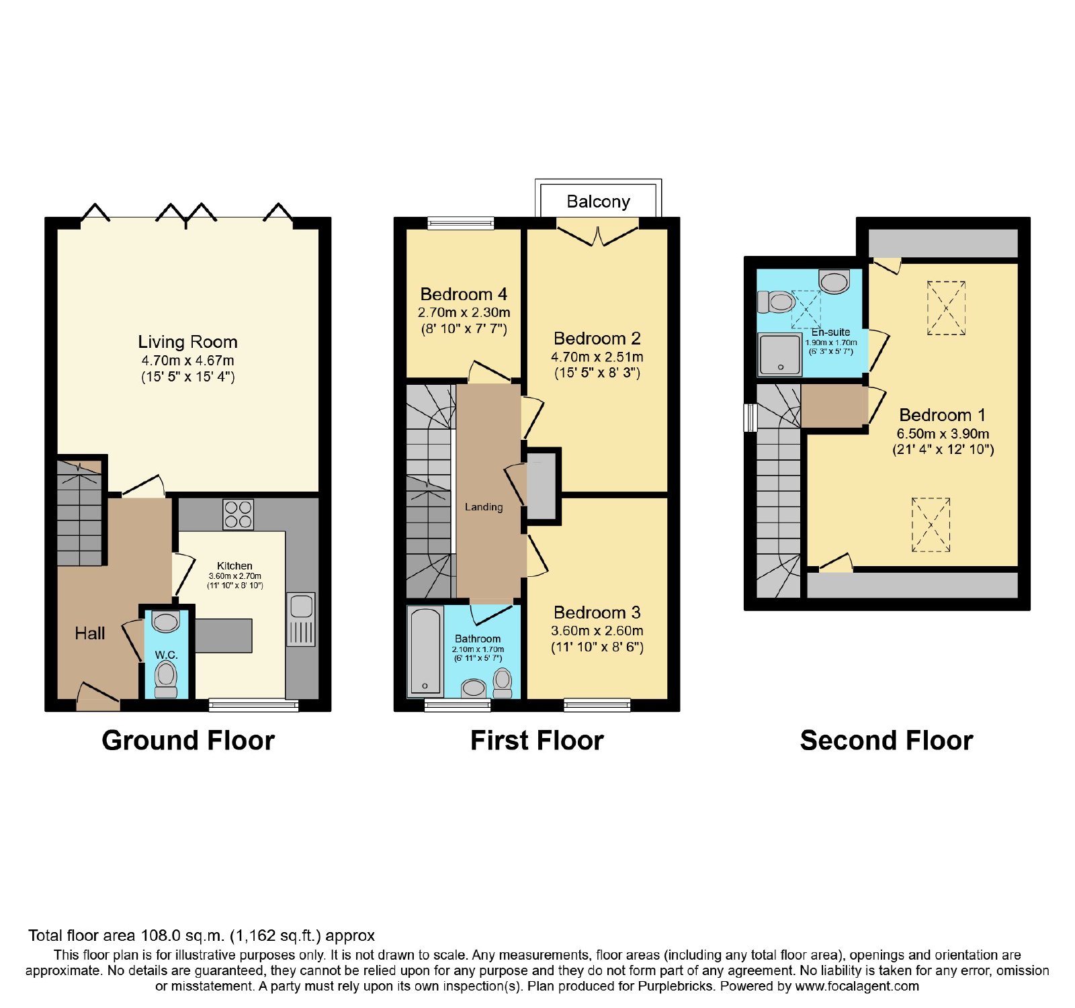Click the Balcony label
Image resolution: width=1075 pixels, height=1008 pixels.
pyautogui.click(x=598, y=201)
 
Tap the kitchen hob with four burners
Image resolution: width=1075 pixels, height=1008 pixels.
pyautogui.click(x=238, y=514)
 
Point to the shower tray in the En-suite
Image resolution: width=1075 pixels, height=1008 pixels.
pyautogui.click(x=780, y=354)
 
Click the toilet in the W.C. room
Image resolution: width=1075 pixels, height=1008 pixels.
pyautogui.click(x=166, y=678)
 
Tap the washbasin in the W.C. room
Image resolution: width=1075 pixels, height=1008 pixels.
pyautogui.click(x=165, y=621)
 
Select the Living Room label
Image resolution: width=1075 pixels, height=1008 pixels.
pyautogui.click(x=187, y=342)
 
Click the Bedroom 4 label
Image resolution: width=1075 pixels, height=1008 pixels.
pyautogui.click(x=464, y=294)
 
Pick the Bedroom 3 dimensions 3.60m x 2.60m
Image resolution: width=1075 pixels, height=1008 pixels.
pyautogui.click(x=597, y=631)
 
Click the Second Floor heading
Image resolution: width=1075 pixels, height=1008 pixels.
pyautogui.click(x=886, y=740)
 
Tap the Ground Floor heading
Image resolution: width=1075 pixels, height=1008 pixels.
pyautogui.click(x=188, y=740)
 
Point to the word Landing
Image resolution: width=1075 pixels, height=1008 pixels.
pyautogui.click(x=484, y=507)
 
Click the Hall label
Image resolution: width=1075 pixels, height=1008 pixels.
pyautogui.click(x=90, y=633)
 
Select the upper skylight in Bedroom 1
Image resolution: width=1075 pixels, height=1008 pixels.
pyautogui.click(x=946, y=308)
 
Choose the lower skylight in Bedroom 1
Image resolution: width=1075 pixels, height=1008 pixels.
pyautogui.click(x=931, y=524)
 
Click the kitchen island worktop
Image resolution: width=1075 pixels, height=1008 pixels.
pyautogui.click(x=224, y=635)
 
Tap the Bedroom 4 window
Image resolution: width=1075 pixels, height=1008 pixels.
pyautogui.click(x=461, y=223)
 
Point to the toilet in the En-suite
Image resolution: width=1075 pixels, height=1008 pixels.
pyautogui.click(x=777, y=302)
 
